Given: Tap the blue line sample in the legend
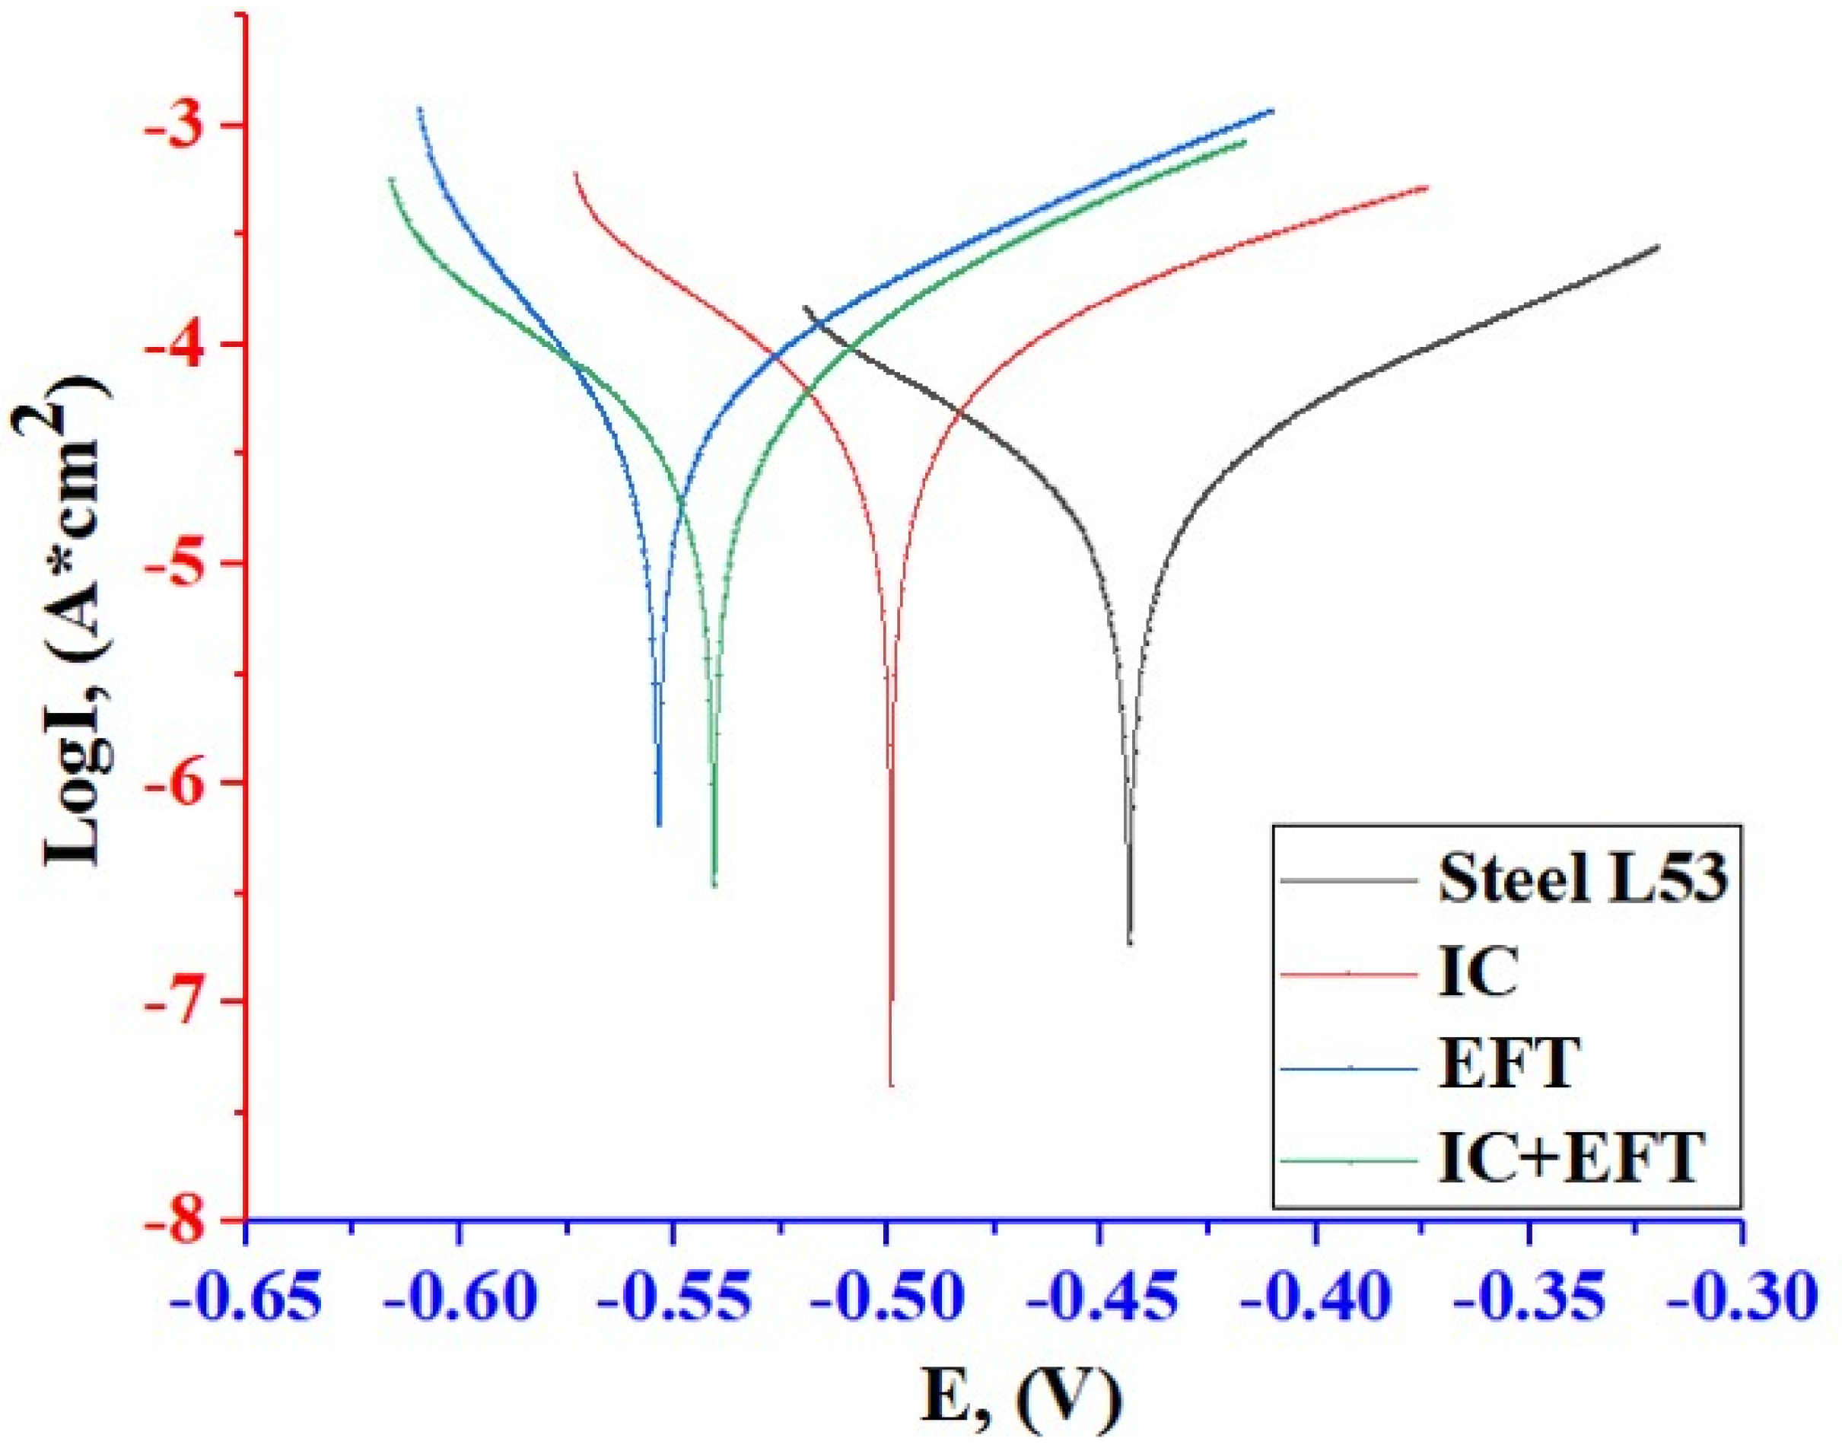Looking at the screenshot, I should [1349, 1067].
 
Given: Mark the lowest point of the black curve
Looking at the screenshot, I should [1130, 943].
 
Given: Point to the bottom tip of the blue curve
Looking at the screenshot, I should [659, 824].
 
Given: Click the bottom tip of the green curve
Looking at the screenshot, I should [714, 886].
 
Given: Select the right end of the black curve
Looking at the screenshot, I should [1658, 247].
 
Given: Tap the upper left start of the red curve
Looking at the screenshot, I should [576, 173].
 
